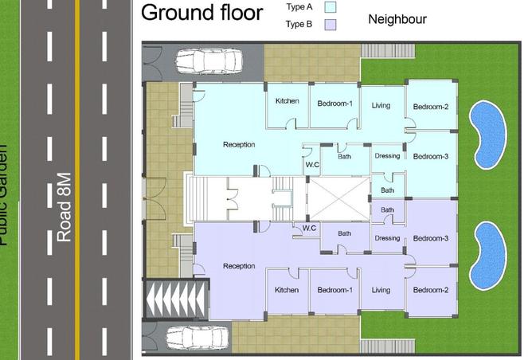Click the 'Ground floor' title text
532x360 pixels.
(x=201, y=14)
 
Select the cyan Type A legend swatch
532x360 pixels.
(x=331, y=7)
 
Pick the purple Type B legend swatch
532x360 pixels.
(x=331, y=25)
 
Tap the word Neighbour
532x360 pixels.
(x=397, y=19)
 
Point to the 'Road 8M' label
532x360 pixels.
(x=65, y=207)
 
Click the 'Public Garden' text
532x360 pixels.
(x=4, y=195)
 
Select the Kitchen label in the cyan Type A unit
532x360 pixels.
(x=287, y=101)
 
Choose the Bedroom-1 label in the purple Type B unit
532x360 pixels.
(x=334, y=291)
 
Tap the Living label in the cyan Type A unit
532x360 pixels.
(x=381, y=105)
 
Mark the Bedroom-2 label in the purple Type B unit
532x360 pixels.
(x=431, y=291)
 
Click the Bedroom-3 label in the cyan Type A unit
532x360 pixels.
(x=431, y=156)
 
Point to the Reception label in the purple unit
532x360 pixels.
(x=239, y=266)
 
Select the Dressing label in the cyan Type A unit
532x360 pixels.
(x=387, y=156)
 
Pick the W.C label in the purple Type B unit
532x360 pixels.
(x=309, y=228)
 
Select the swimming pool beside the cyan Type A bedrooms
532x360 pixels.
(x=487, y=133)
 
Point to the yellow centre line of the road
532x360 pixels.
(x=77, y=180)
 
